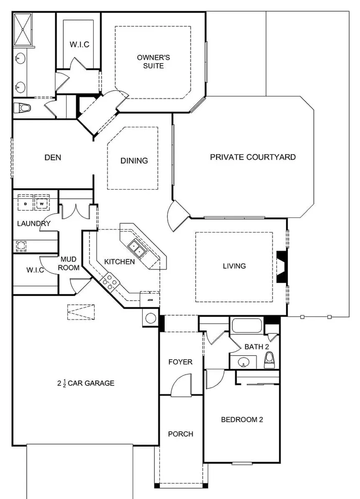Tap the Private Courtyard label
(253, 157)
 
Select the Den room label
(53, 158)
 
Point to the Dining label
(134, 161)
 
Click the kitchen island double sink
(137, 249)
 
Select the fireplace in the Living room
(280, 266)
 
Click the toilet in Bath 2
(270, 360)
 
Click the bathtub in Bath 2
(247, 326)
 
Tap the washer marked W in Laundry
(42, 202)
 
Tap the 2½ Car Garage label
(86, 383)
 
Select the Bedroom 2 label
(242, 420)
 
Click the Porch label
(181, 434)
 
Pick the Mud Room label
(68, 264)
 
